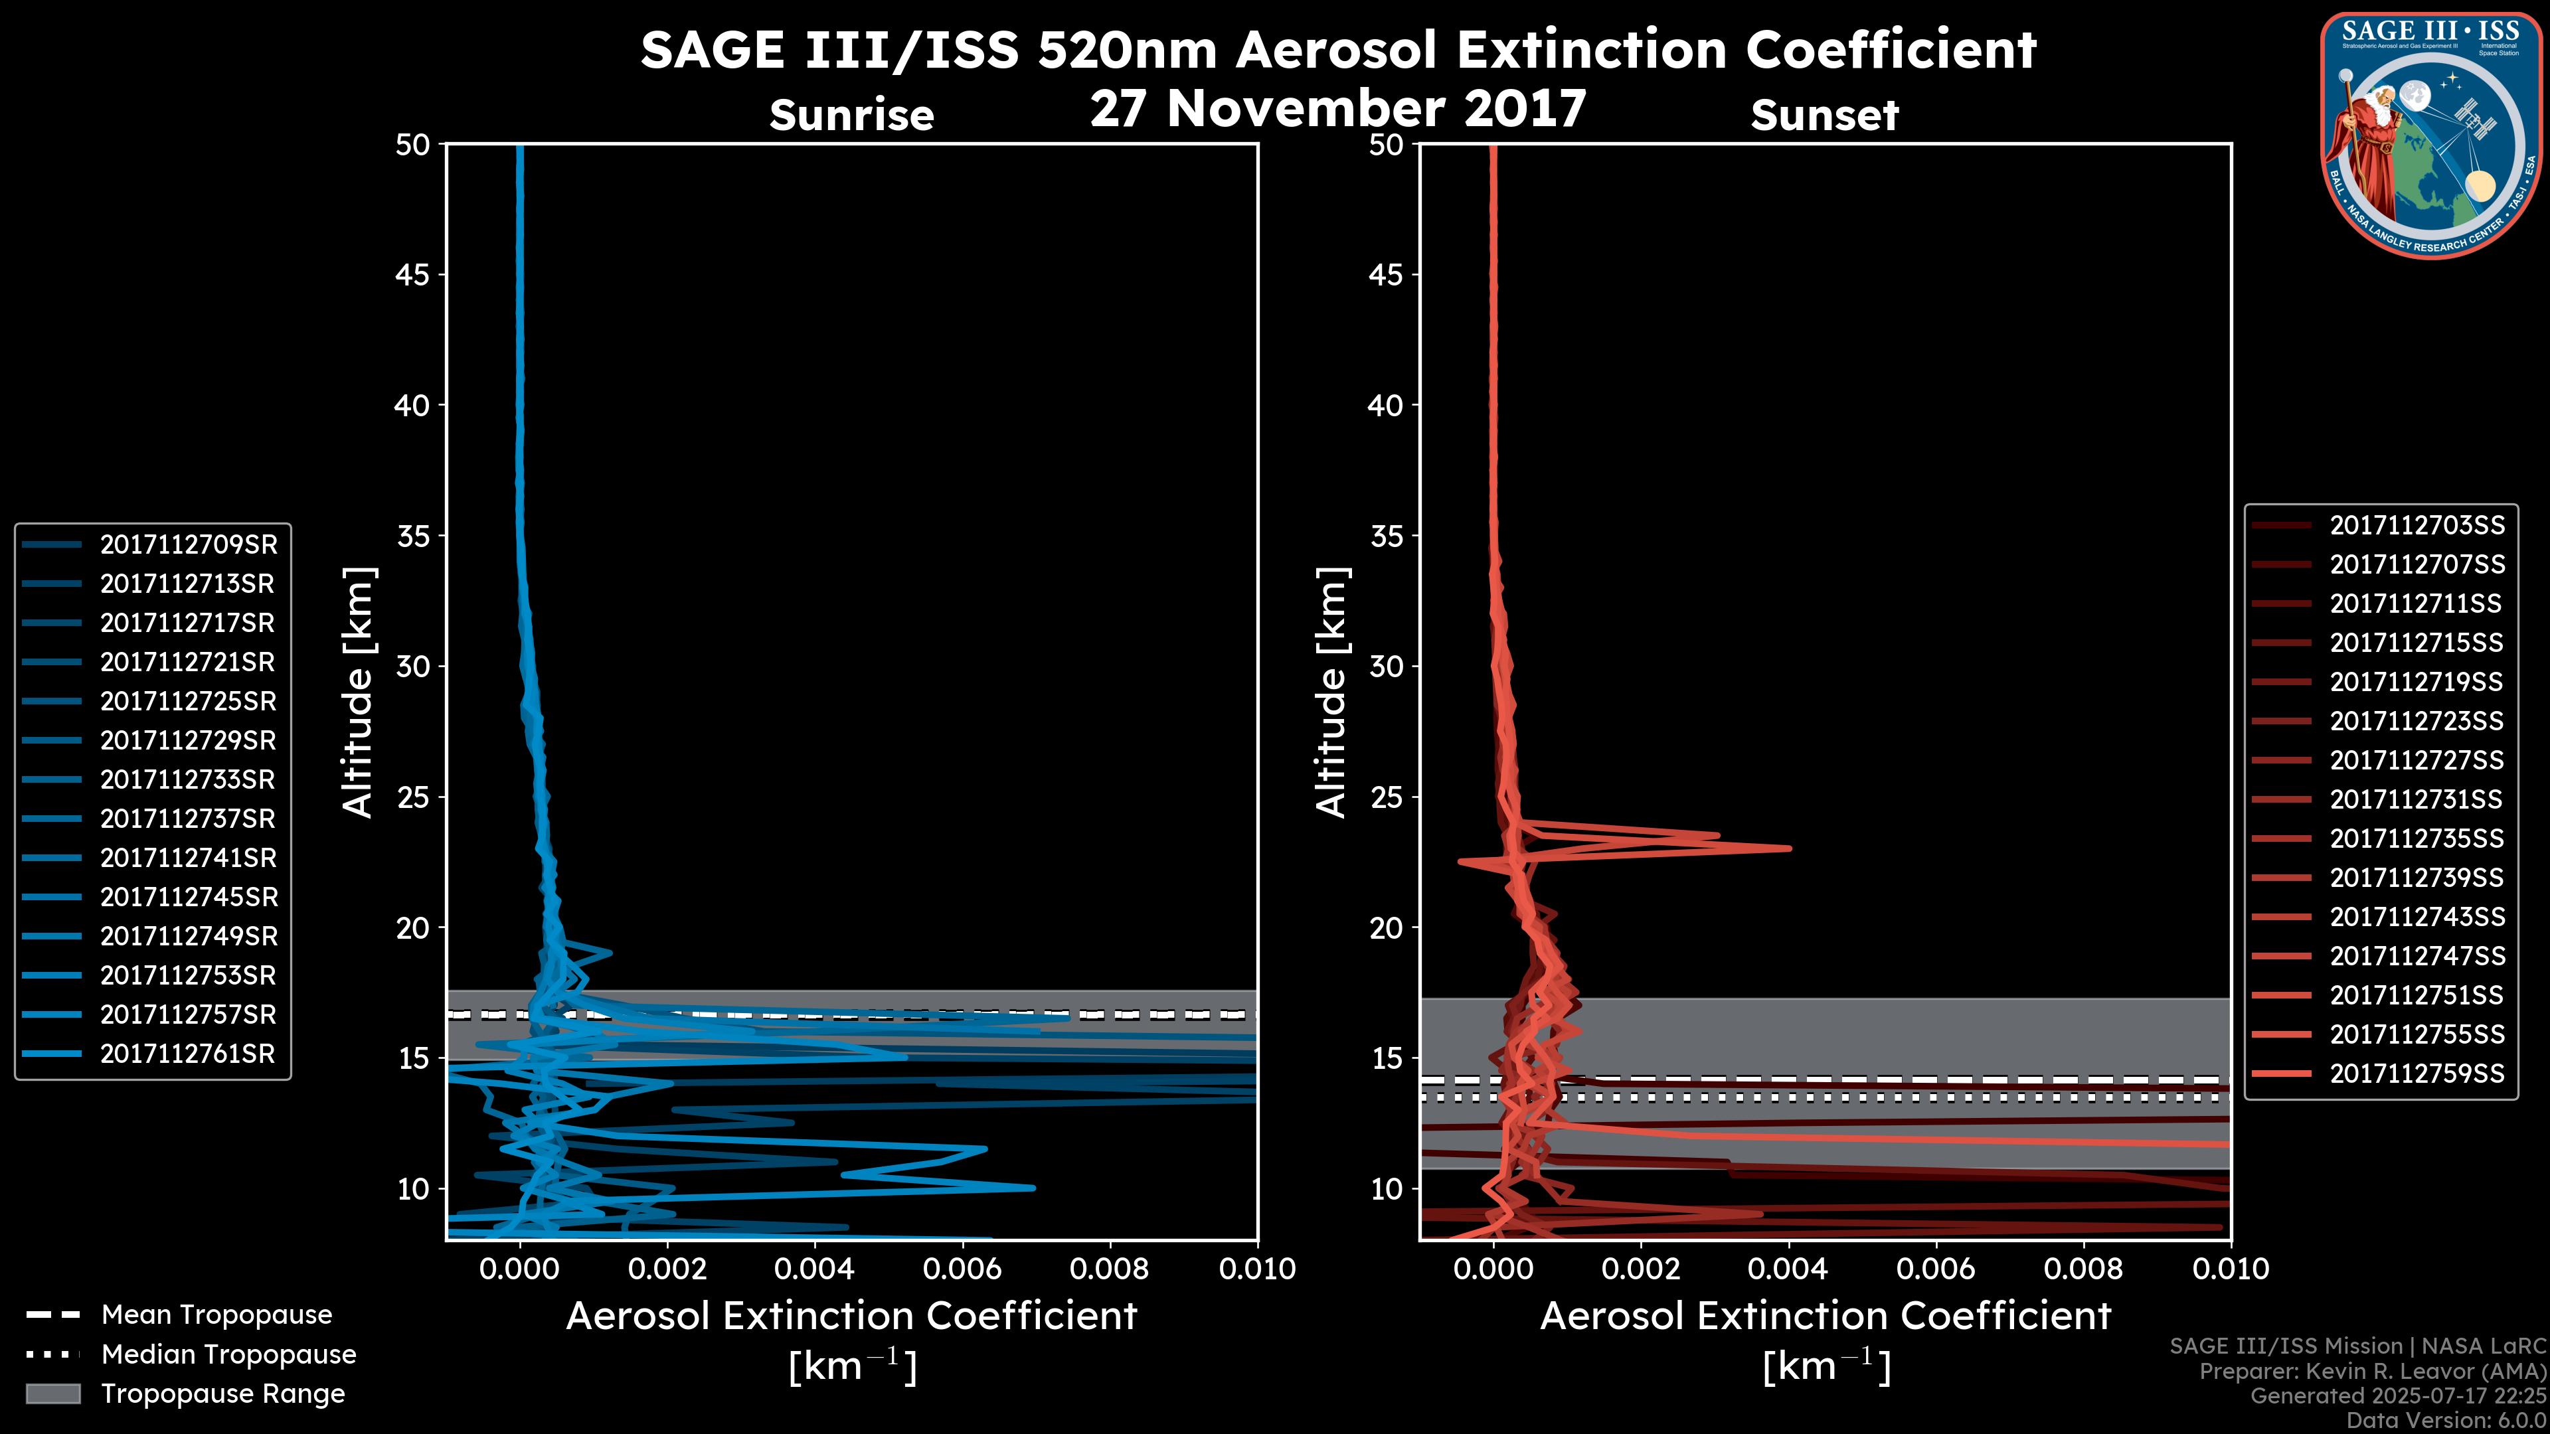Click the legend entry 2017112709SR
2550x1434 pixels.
(x=188, y=545)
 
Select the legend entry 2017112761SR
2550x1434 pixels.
(x=188, y=1054)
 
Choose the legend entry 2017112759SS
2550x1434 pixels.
(x=2417, y=1074)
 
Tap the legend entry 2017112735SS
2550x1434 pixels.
(x=2417, y=839)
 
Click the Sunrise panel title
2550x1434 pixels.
(x=851, y=116)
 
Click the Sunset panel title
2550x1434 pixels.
(x=1824, y=116)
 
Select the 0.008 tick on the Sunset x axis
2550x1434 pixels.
(x=2084, y=1269)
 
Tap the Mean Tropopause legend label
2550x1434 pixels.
(x=216, y=1315)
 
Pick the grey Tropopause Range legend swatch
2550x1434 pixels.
(x=53, y=1394)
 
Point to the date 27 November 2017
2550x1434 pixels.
(x=1337, y=109)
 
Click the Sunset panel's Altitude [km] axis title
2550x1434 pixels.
(x=1332, y=692)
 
